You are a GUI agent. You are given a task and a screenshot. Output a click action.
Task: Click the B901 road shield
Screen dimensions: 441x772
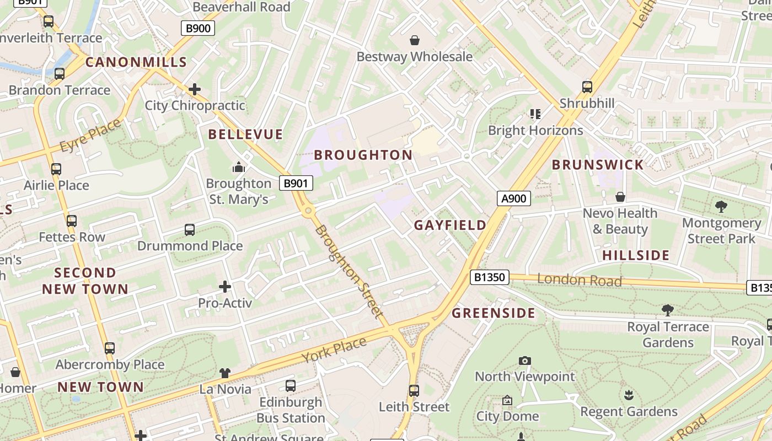click(296, 184)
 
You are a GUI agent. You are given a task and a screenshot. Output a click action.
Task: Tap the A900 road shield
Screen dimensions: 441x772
click(513, 198)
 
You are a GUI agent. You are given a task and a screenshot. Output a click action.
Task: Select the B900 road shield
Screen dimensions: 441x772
click(197, 28)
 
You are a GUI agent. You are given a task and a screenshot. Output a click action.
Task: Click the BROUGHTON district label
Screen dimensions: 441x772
click(363, 155)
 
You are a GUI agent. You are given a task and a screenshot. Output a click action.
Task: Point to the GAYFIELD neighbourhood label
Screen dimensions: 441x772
click(450, 225)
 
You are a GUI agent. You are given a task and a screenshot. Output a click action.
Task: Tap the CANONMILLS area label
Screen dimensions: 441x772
click(136, 62)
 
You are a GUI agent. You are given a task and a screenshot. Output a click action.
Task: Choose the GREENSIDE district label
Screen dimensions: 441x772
click(494, 313)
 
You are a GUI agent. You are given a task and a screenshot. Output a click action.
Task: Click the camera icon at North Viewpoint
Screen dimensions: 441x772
click(525, 361)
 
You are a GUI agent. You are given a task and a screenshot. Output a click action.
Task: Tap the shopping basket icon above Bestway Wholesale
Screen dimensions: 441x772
click(415, 40)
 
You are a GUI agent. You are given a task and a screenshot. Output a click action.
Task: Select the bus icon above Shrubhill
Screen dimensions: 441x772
click(587, 87)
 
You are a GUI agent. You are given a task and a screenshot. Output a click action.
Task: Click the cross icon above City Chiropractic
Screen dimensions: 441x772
click(195, 89)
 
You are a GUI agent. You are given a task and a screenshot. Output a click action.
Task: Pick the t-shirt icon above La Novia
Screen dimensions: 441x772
click(225, 373)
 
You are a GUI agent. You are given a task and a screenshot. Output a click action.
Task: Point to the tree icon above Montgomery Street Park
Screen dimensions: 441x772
click(721, 207)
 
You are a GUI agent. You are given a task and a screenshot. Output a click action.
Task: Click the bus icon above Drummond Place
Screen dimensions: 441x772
click(190, 229)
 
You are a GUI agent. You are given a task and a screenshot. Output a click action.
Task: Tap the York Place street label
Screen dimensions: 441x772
click(334, 350)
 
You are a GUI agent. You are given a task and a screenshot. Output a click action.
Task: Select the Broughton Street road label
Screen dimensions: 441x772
click(349, 272)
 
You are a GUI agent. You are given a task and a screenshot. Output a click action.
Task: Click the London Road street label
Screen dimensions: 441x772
click(579, 280)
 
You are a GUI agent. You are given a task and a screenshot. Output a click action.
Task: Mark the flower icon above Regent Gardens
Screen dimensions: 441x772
click(629, 395)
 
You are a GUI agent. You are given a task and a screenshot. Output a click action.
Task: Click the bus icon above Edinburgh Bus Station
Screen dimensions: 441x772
click(291, 386)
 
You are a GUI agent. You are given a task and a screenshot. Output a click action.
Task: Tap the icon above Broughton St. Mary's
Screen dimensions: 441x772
click(238, 166)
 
